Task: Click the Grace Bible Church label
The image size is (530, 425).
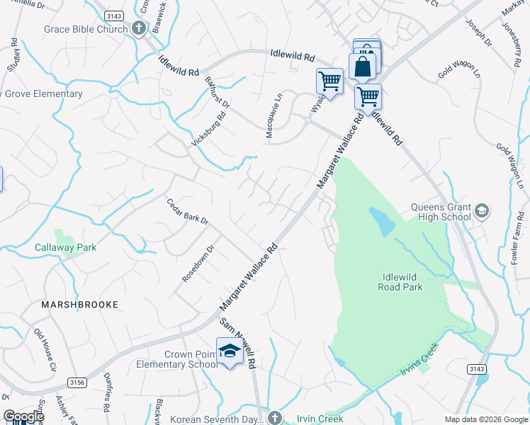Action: point(86,29)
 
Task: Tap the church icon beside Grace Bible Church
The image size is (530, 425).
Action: point(139,29)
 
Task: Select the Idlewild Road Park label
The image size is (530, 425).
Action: point(402,280)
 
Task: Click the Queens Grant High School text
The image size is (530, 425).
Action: point(441,212)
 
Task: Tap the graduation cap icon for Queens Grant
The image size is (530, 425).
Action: point(482,211)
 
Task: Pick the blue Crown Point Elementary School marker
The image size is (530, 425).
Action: point(230,351)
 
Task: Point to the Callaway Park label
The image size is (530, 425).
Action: point(65,247)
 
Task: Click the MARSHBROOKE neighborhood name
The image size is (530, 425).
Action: point(79,304)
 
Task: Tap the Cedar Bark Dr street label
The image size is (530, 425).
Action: point(188,211)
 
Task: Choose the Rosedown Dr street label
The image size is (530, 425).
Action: point(198,264)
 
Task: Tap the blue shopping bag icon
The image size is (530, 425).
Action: point(362,67)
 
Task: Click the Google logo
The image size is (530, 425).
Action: point(23,416)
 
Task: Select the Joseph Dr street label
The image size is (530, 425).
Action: point(479,33)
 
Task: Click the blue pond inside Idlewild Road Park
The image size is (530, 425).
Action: point(382,222)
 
